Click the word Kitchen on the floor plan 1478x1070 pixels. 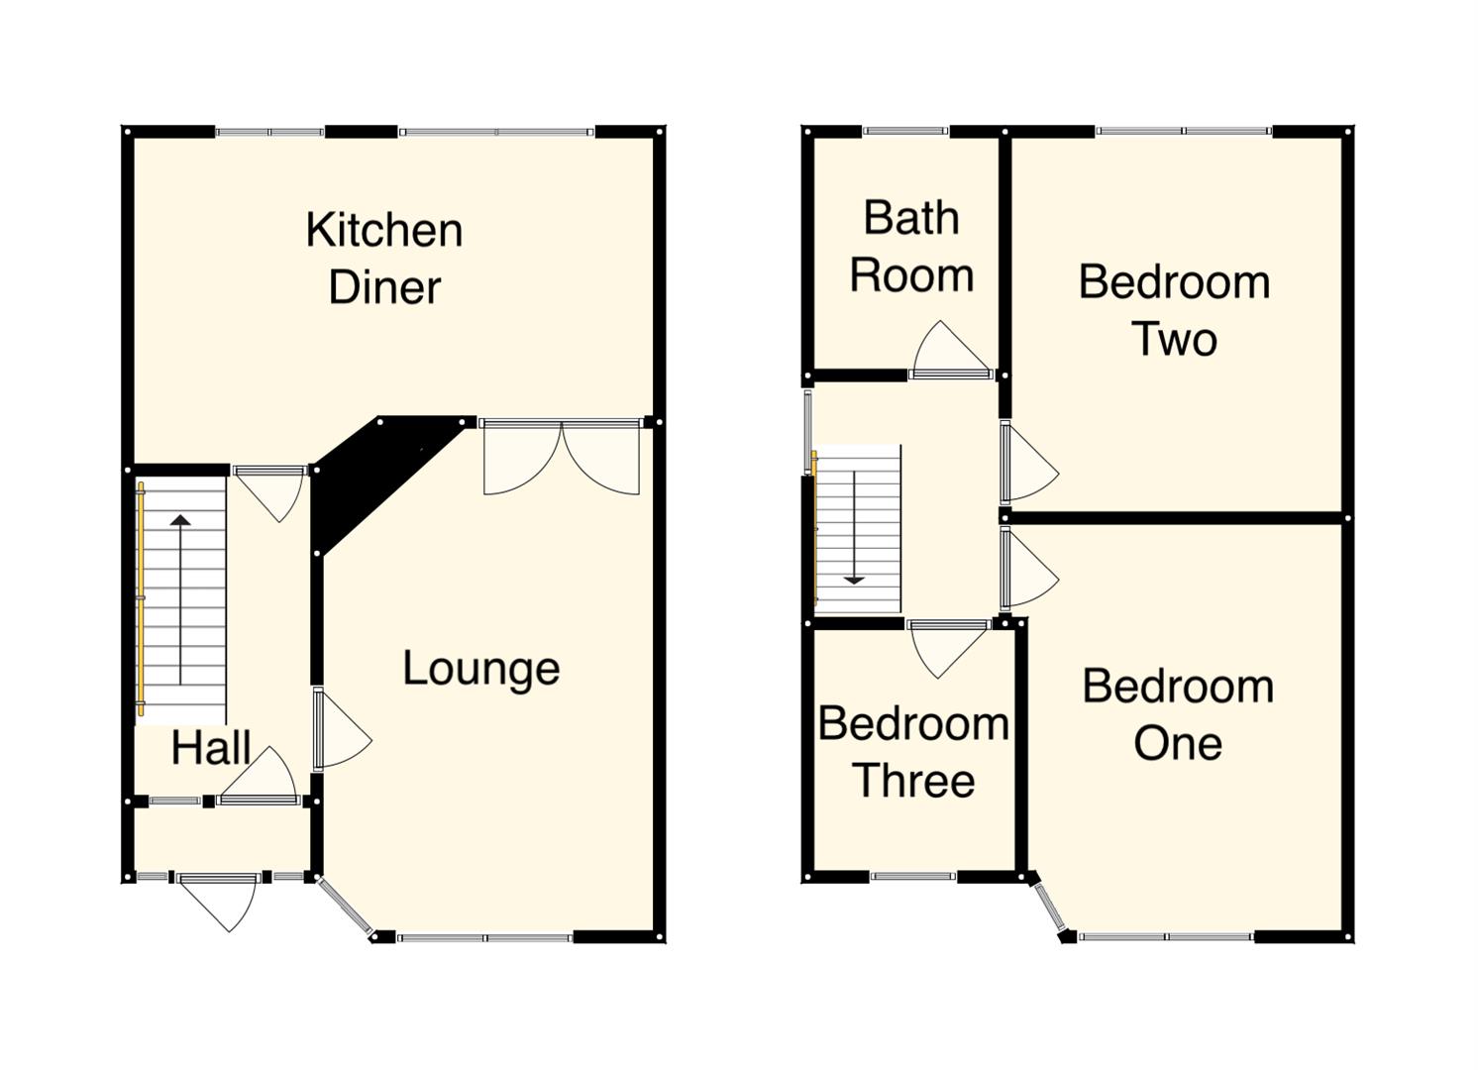(383, 231)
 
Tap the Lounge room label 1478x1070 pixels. (480, 669)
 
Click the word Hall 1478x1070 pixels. (210, 748)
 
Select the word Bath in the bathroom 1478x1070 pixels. (911, 218)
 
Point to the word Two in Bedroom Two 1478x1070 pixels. (1174, 340)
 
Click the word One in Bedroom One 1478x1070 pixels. (1177, 744)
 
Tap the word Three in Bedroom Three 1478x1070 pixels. (913, 782)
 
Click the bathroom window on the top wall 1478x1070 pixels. (905, 131)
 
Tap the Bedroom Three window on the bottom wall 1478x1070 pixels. (913, 876)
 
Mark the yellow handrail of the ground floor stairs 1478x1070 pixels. (141, 598)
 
